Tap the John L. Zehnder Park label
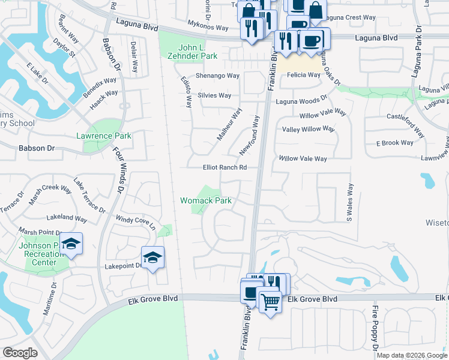(197, 52)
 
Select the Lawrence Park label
(103, 136)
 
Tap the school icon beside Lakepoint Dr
(153, 257)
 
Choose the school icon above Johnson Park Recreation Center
(71, 244)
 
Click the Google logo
(20, 353)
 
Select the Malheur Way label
(229, 124)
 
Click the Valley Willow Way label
(308, 129)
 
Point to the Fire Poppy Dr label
(374, 329)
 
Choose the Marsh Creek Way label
(50, 188)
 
